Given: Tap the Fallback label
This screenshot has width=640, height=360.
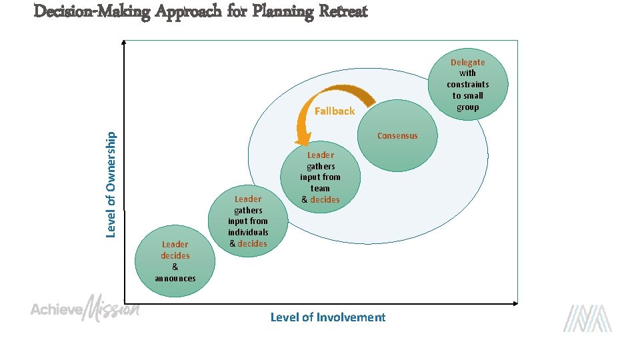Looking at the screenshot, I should coord(335,111).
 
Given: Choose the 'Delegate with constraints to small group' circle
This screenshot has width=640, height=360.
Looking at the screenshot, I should coord(467,85).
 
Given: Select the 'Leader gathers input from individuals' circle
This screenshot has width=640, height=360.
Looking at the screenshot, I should coord(248,221).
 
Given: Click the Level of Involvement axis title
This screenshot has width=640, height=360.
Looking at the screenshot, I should coord(327,317).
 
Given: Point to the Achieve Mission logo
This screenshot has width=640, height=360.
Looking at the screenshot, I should coord(85,308).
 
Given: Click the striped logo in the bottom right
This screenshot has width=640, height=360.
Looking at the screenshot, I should coord(587,318).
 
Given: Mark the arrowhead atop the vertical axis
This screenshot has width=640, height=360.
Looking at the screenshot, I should coord(124,41).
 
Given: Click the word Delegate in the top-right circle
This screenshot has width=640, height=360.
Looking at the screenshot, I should coord(467,62).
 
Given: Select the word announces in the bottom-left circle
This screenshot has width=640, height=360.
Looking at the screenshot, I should coord(175,278).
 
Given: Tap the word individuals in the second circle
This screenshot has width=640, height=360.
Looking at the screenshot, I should coord(248,232).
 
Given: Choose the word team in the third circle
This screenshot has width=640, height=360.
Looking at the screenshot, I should coord(320,188).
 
